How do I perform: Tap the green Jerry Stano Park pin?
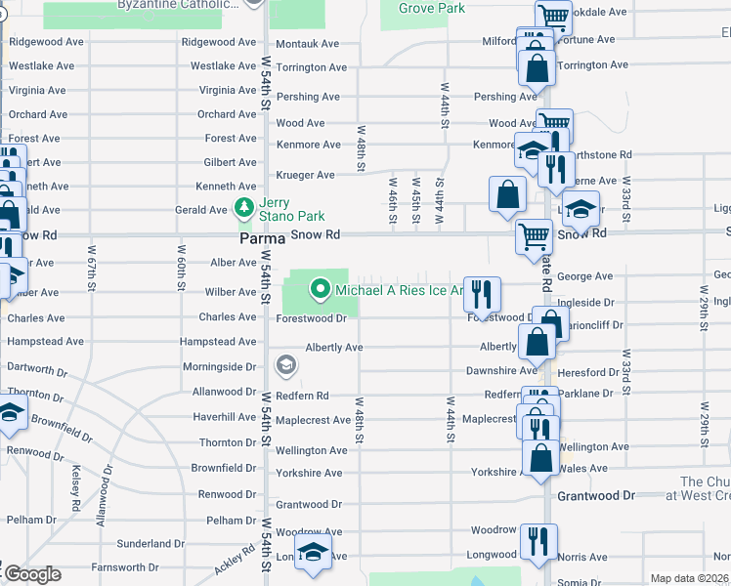coord(241,208)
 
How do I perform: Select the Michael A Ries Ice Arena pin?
coord(319,289)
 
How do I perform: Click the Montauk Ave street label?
coord(306,45)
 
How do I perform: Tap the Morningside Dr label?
coord(219,367)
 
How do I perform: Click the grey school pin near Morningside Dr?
coord(285,366)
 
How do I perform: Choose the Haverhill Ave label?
coord(225,417)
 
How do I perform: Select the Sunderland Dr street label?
coord(150,544)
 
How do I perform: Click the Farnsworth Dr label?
coord(124,566)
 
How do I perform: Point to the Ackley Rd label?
coord(236,559)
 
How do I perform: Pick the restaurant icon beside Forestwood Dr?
coord(482,293)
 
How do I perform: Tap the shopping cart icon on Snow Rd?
coord(534,236)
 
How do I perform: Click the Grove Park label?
coord(430,9)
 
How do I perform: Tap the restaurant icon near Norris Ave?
coord(538,540)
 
